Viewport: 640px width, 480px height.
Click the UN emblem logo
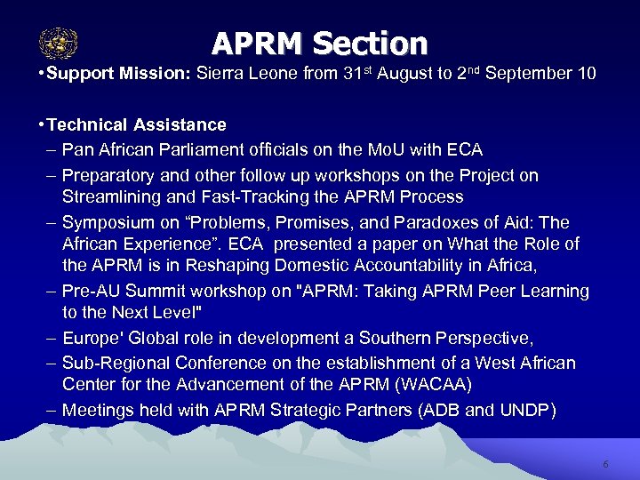59,43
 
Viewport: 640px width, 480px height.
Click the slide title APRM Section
320,43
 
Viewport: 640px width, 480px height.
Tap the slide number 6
605,464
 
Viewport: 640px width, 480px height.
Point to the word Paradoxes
468,222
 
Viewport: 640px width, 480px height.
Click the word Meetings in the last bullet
97,410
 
